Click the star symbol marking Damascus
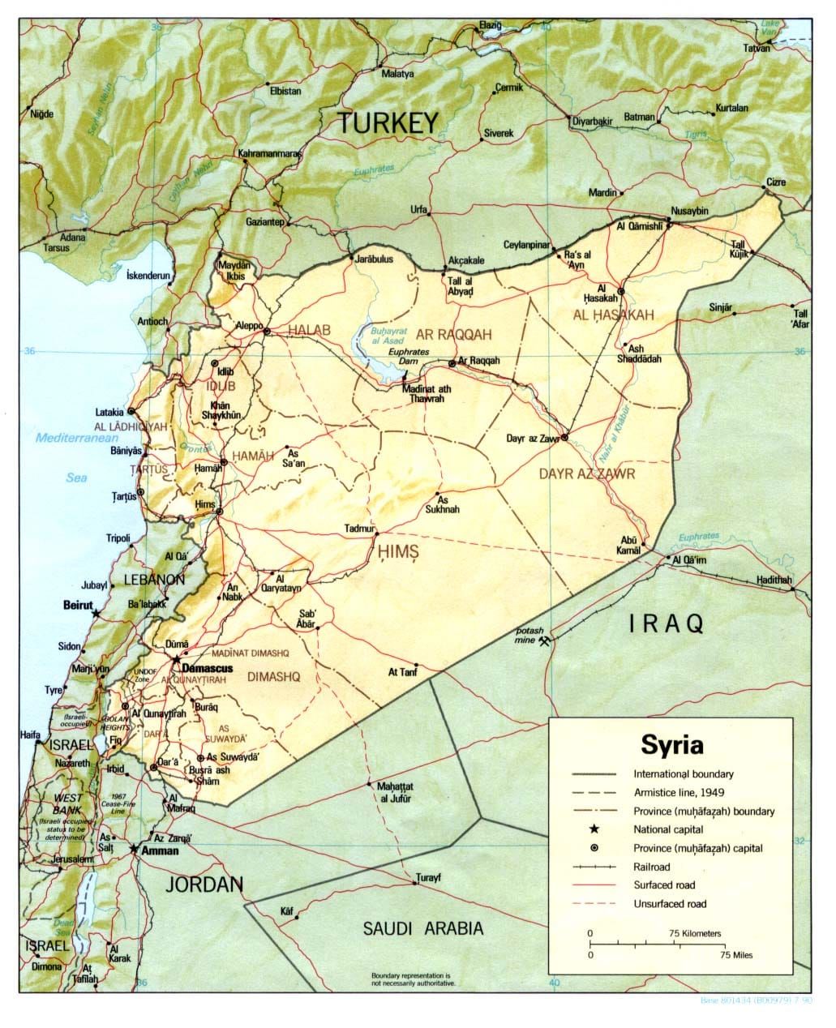point(177,660)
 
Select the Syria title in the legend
point(671,743)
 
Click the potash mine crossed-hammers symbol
point(549,641)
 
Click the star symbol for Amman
point(135,848)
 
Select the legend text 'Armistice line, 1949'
point(678,792)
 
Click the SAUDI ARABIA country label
point(422,929)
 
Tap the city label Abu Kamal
point(630,546)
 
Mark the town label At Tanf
point(403,671)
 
